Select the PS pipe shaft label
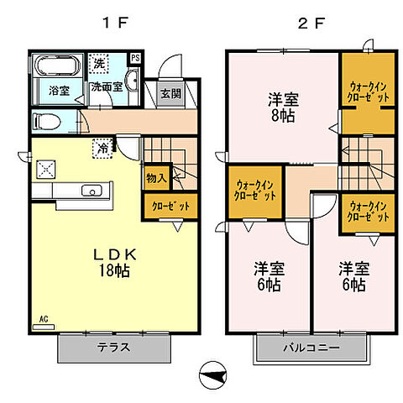point(135,58)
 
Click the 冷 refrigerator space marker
point(102,148)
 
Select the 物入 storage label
point(156,177)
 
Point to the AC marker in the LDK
point(42,320)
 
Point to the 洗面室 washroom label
point(107,86)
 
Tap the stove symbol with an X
point(44,168)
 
